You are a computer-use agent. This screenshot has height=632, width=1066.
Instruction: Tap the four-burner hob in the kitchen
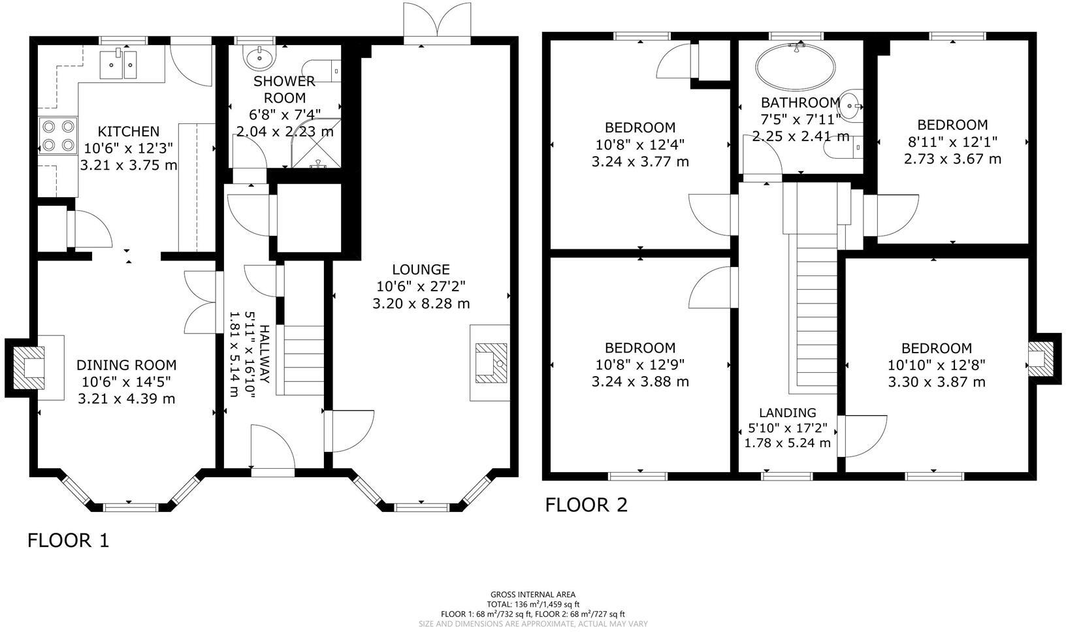click(x=58, y=135)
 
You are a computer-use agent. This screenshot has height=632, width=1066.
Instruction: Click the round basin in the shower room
click(x=260, y=56)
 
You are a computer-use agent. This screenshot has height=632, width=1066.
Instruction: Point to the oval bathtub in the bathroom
click(x=795, y=66)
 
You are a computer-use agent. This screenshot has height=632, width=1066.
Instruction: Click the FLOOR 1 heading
click(x=68, y=540)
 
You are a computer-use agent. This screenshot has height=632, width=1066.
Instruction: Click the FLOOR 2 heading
click(x=586, y=505)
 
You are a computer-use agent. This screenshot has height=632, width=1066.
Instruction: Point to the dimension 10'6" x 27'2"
click(x=421, y=286)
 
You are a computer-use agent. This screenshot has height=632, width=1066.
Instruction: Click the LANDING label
click(x=787, y=413)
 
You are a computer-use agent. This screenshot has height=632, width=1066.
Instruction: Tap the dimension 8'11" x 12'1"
click(x=952, y=142)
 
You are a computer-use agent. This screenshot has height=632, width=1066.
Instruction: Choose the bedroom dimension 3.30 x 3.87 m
click(x=936, y=382)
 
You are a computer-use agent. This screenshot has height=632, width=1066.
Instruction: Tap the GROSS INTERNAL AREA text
click(x=532, y=594)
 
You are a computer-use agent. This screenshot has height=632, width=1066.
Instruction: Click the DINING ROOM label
click(x=126, y=365)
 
